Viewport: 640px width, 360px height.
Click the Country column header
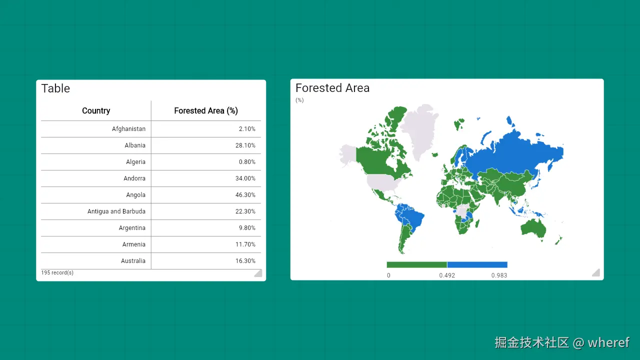[96, 110]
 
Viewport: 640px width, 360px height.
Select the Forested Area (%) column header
[206, 110]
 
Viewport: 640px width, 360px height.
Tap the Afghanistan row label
[128, 129]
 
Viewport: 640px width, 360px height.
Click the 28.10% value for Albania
[245, 145]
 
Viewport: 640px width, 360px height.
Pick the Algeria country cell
[135, 162]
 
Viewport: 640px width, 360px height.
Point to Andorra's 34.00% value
[245, 178]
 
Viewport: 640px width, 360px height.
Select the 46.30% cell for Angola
[245, 195]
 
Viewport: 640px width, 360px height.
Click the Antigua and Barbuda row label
[116, 211]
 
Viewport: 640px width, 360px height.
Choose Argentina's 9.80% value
[247, 228]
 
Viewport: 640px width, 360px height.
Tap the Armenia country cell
[133, 244]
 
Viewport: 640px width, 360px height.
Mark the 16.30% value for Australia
[245, 261]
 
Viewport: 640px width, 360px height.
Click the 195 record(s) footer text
[57, 272]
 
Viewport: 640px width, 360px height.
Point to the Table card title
[55, 88]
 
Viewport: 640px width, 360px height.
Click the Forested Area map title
[332, 88]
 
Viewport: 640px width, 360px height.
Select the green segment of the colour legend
[416, 264]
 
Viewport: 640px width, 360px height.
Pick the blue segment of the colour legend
[477, 264]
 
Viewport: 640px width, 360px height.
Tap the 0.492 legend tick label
[447, 275]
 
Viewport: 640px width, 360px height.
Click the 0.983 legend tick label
[499, 275]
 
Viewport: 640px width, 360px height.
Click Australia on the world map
[533, 228]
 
